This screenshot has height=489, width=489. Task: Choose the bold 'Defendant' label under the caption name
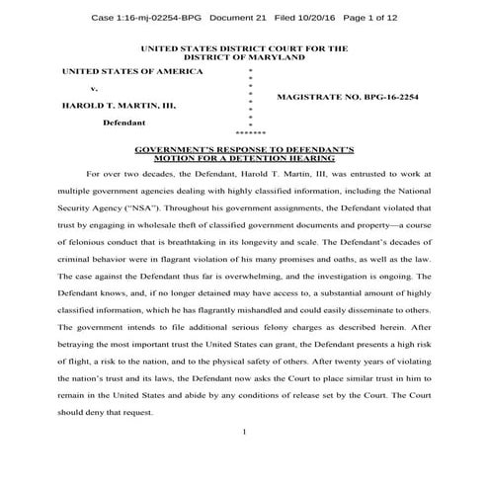pos(126,123)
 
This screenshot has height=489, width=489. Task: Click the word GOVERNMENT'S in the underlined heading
pos(182,147)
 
